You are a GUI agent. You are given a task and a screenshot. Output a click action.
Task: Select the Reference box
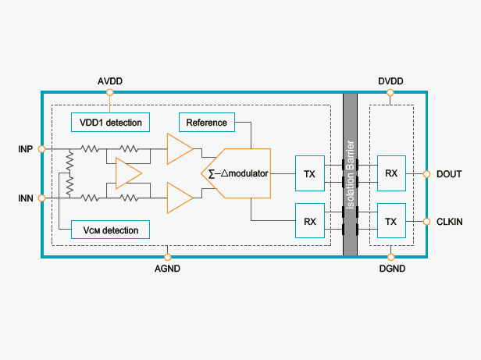click(206, 122)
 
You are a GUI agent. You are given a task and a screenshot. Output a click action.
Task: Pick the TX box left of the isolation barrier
click(310, 173)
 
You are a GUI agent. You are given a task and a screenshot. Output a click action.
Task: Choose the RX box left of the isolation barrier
click(310, 221)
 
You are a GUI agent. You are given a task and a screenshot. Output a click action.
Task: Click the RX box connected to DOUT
click(391, 173)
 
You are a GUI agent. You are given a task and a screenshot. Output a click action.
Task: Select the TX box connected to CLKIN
click(391, 221)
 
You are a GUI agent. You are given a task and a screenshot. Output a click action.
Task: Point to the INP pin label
click(25, 148)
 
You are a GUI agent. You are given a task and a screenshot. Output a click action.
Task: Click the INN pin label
click(25, 199)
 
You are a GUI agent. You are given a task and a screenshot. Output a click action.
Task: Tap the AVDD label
click(110, 81)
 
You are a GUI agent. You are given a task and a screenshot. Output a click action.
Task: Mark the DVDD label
click(390, 81)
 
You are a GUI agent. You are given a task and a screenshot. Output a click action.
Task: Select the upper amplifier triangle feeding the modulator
click(180, 148)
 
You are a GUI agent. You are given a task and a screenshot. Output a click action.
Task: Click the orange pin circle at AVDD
click(110, 93)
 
